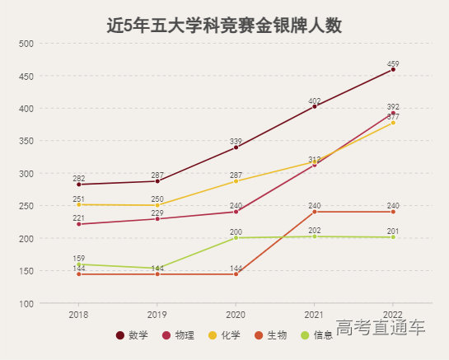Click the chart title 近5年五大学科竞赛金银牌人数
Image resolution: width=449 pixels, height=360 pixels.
click(224, 25)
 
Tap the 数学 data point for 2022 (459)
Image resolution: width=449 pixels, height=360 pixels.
click(393, 70)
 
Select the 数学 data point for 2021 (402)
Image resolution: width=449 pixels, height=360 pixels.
click(315, 106)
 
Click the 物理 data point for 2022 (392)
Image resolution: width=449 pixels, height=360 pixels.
click(393, 113)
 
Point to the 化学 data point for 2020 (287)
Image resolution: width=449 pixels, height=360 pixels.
click(236, 181)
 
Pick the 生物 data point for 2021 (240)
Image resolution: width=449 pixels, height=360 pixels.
click(315, 212)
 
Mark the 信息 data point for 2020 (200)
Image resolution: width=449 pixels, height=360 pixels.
click(236, 238)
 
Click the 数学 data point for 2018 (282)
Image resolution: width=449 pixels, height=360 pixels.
click(79, 185)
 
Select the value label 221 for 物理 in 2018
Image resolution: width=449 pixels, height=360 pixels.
click(79, 217)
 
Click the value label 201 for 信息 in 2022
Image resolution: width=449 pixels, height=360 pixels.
click(393, 231)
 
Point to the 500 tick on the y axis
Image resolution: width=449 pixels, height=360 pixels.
click(26, 44)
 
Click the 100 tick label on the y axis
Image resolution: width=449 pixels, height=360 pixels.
click(26, 304)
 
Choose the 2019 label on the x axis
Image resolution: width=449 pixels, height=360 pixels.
click(157, 316)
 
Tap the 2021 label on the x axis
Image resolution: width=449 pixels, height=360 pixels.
click(315, 316)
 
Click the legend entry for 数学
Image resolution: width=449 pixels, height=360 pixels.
click(132, 335)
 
